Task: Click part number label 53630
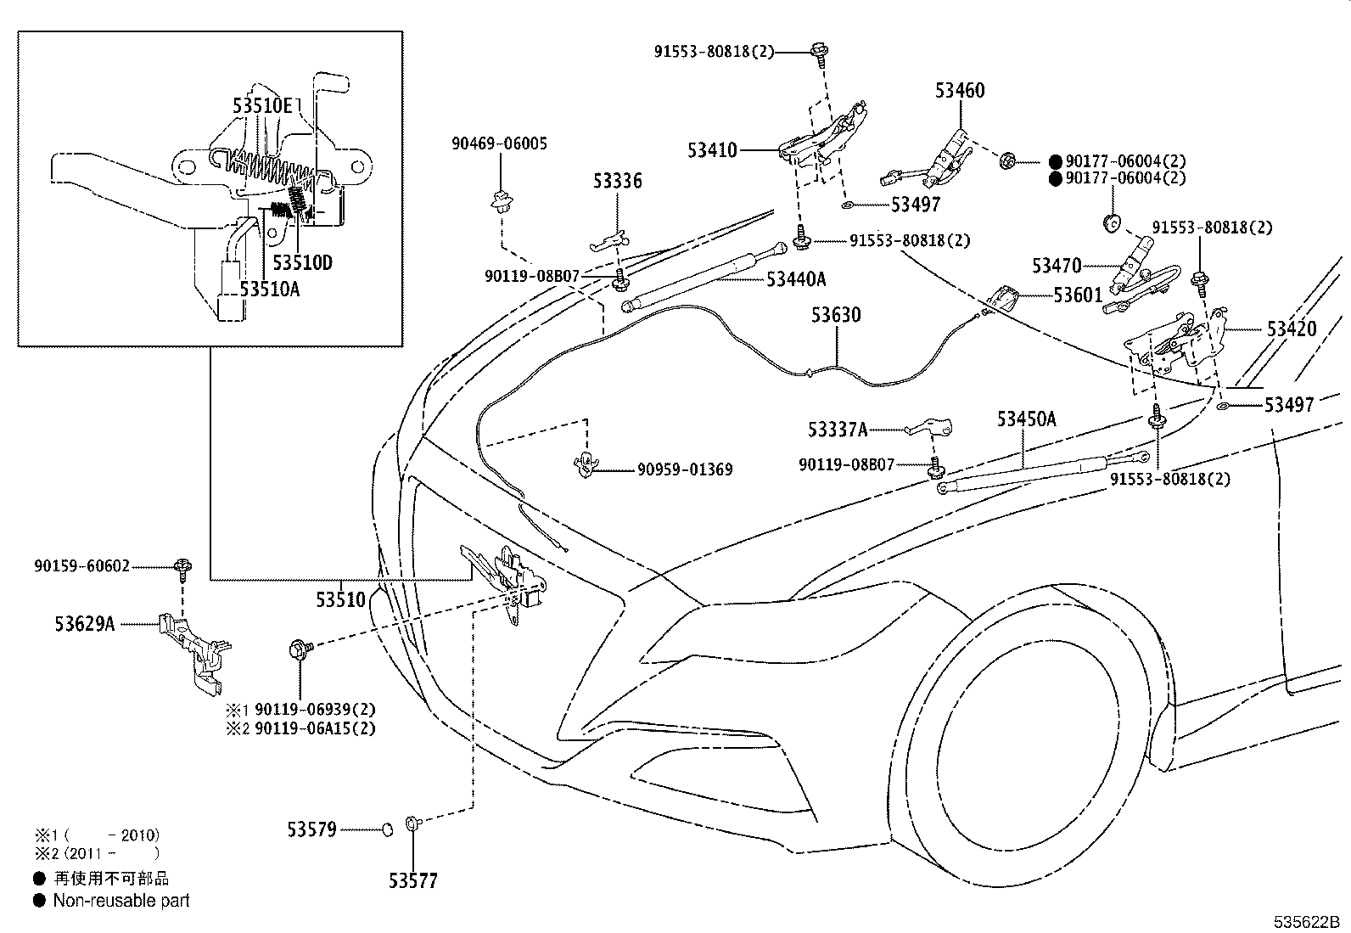click(835, 315)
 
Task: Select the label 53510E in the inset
click(263, 106)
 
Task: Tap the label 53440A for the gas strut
click(796, 278)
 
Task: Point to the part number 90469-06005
click(499, 143)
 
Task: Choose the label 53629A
click(84, 624)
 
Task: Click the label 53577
click(413, 881)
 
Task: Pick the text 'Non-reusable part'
click(121, 901)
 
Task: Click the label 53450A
click(1026, 419)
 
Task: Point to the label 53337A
click(838, 430)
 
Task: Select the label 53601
click(1078, 295)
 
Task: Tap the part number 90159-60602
click(82, 565)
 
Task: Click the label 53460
click(960, 90)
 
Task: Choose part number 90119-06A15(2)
click(315, 728)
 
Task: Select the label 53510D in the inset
click(302, 262)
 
